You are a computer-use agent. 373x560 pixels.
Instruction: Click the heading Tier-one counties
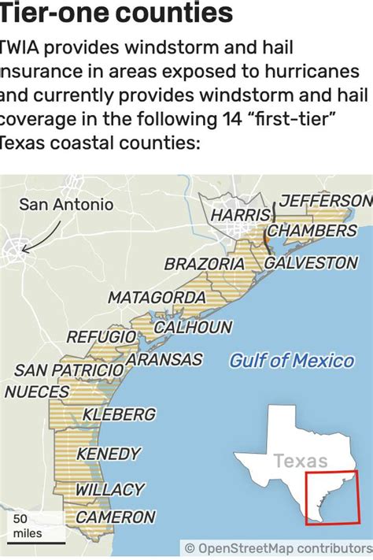click(116, 13)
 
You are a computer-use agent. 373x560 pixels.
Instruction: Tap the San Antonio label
click(66, 205)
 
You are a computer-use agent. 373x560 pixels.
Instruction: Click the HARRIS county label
click(236, 214)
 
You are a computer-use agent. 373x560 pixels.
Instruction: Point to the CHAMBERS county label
click(312, 231)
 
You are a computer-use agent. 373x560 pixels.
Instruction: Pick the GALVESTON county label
click(311, 262)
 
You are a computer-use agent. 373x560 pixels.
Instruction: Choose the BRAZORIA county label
click(205, 265)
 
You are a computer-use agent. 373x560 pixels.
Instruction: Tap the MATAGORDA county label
click(157, 298)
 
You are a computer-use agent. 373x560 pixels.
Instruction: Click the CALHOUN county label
click(193, 327)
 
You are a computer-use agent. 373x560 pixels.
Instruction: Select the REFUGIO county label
click(102, 337)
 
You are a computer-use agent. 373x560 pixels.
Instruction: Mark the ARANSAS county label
click(164, 360)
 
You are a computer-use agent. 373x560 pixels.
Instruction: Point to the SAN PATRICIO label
click(69, 369)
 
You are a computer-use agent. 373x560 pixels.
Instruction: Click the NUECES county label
click(42, 391)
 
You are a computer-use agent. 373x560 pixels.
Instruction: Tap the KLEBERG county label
click(119, 414)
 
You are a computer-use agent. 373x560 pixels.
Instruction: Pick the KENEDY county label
click(109, 454)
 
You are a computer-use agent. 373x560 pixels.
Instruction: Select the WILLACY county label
click(110, 490)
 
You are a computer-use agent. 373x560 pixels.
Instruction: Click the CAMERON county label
click(116, 517)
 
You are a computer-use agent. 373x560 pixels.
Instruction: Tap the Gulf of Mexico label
click(292, 361)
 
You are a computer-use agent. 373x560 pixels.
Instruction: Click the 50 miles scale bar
click(31, 526)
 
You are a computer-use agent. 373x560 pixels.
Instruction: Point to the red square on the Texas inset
click(331, 499)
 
